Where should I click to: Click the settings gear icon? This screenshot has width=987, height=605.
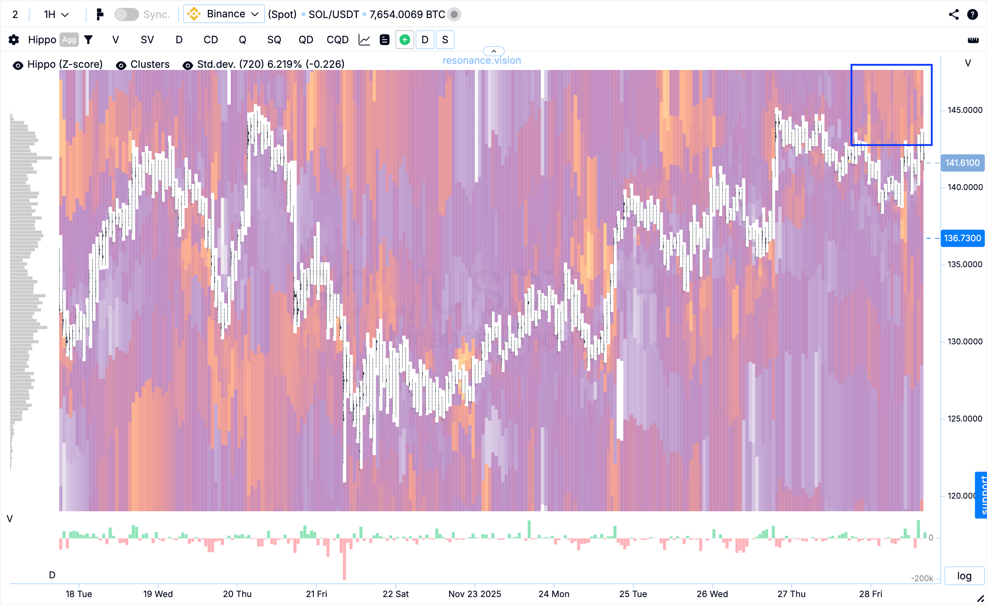[14, 40]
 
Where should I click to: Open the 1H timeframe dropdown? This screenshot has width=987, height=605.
[56, 14]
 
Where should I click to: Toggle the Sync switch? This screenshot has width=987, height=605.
[127, 14]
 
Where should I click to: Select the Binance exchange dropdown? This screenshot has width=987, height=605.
[224, 14]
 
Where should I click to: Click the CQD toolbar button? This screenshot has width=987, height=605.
[337, 40]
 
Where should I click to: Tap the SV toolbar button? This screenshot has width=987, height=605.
[147, 40]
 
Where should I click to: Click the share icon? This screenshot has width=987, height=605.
[954, 14]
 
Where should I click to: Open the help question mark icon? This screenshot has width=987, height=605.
[973, 14]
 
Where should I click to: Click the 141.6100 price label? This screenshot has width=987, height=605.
[962, 163]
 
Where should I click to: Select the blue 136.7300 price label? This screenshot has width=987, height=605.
[962, 238]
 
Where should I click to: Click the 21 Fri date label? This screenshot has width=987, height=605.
[317, 594]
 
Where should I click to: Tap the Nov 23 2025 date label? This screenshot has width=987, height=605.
[474, 594]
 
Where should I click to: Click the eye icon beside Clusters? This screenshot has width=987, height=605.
[121, 65]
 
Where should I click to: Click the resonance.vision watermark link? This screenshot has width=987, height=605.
[482, 61]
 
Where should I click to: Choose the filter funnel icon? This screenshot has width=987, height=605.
[88, 40]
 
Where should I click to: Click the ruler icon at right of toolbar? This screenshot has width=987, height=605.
[973, 40]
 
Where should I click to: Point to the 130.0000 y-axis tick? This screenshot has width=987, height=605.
[965, 341]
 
